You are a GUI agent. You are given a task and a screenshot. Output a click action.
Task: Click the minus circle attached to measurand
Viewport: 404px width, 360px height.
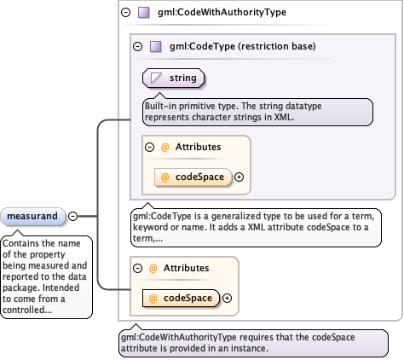(73, 217)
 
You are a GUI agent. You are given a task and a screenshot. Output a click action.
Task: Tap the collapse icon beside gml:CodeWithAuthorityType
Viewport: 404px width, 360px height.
(125, 13)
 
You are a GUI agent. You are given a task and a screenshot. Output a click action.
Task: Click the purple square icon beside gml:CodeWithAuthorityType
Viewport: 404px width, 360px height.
(143, 13)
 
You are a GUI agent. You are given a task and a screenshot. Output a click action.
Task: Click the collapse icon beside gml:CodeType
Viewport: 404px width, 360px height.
(137, 46)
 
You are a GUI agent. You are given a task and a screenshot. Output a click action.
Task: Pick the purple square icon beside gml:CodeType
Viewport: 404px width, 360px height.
(155, 46)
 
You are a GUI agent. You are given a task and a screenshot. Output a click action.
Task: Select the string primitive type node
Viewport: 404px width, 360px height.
(173, 78)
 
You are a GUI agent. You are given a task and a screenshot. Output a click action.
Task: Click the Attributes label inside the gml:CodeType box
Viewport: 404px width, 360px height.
(198, 148)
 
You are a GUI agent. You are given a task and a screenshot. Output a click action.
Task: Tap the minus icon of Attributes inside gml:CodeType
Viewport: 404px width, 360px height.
(150, 148)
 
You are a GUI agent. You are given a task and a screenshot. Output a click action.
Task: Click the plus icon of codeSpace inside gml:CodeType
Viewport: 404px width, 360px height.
(239, 177)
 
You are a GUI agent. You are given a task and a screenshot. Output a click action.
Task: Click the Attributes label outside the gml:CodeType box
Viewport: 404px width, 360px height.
(186, 268)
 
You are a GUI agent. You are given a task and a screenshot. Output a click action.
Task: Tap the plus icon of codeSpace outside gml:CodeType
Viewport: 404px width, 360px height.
(227, 299)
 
